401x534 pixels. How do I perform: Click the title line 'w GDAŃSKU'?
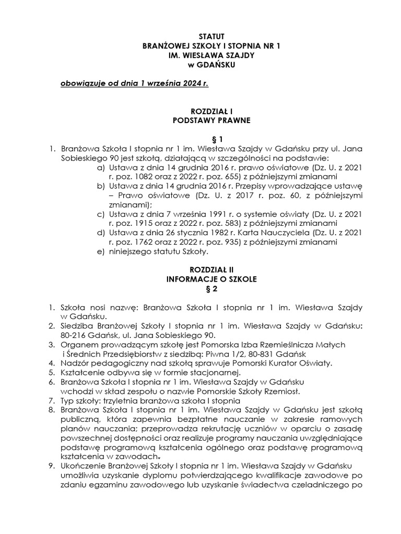(x=212, y=65)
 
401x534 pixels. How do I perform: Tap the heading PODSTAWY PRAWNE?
(x=212, y=120)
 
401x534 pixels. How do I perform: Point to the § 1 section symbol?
(x=212, y=139)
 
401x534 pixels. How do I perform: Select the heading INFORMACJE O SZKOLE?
(x=212, y=280)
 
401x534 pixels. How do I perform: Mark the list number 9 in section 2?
(x=51, y=466)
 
